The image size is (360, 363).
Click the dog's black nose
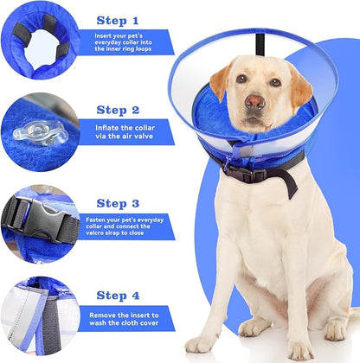pyautogui.click(x=254, y=102)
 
